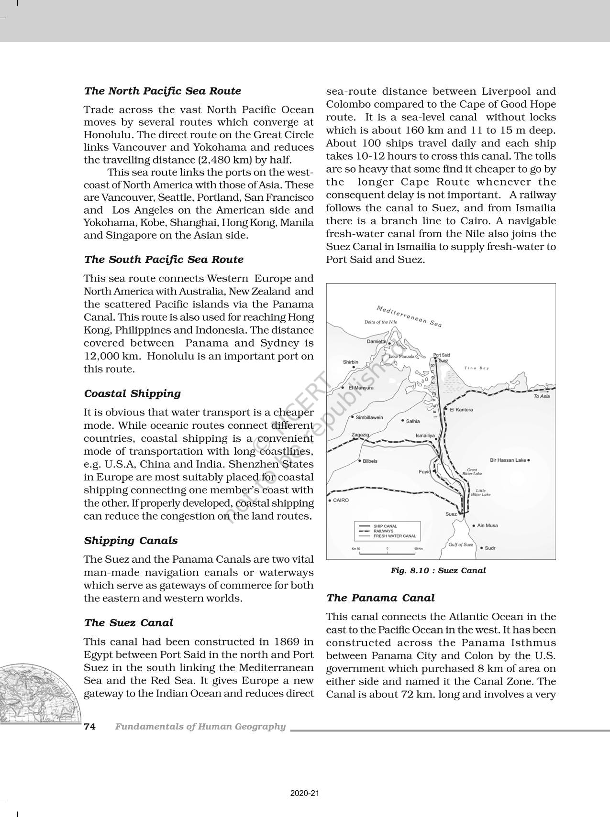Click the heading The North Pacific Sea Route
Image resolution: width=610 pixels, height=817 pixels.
(163, 91)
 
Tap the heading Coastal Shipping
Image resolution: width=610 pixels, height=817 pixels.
(133, 393)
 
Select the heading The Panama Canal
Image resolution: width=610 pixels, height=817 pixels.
(380, 598)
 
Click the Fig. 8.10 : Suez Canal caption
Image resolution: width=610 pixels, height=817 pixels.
(438, 570)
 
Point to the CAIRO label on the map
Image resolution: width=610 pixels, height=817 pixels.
(341, 500)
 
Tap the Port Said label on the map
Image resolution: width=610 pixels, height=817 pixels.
(441, 355)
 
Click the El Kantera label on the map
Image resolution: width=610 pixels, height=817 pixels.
(461, 410)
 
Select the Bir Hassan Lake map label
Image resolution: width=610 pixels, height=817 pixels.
(508, 460)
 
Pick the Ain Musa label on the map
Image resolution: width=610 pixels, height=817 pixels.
(488, 525)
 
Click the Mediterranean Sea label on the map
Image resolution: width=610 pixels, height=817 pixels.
(409, 316)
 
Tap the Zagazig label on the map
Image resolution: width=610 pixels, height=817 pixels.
(360, 435)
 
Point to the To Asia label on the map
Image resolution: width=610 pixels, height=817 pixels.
(542, 396)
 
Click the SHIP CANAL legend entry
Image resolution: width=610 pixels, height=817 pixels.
(385, 526)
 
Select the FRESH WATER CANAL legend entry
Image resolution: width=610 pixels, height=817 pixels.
(395, 536)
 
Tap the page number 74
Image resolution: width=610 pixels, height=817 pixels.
(90, 727)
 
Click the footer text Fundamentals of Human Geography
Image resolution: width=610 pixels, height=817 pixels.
(200, 727)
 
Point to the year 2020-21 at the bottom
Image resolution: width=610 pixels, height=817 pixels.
(305, 794)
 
